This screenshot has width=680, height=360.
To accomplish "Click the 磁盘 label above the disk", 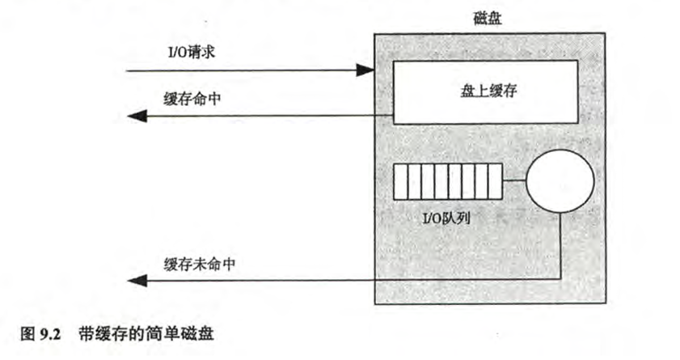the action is point(488,19).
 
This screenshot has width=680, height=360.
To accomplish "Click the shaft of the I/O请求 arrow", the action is point(243,70).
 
